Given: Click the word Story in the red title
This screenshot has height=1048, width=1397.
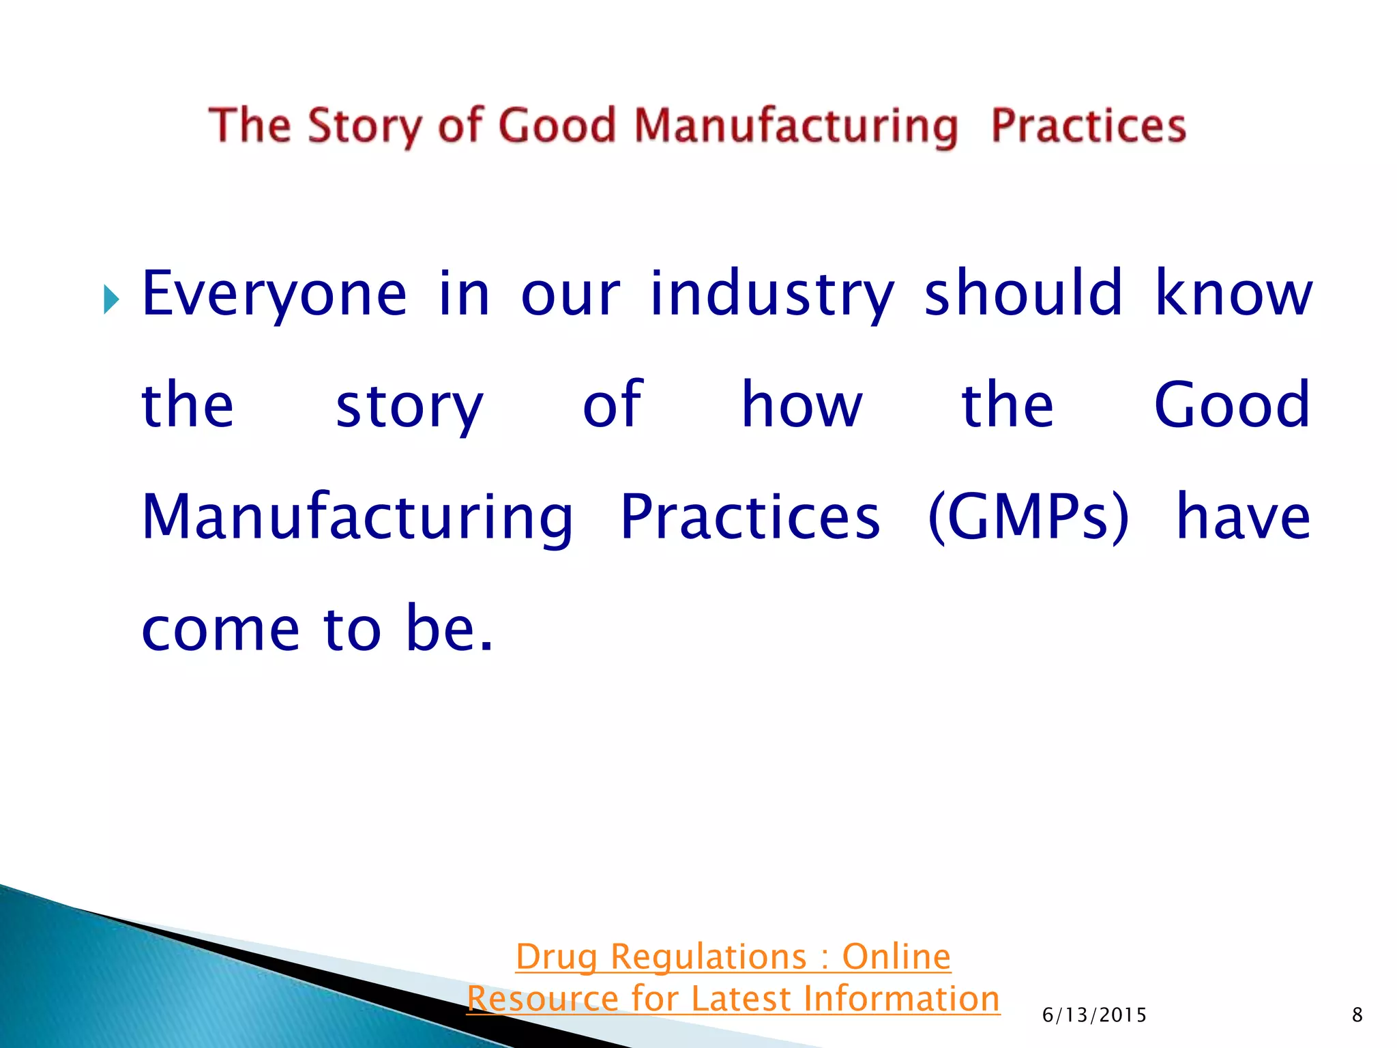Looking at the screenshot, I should (364, 127).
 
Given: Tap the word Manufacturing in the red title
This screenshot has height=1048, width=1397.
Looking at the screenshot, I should (796, 127).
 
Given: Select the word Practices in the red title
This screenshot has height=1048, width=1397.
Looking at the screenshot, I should (1088, 127).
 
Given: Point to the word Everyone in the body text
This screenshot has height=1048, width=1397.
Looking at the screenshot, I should (274, 295).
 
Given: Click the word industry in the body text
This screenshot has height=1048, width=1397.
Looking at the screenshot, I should (771, 295).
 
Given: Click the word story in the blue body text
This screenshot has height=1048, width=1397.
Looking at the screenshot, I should (409, 407).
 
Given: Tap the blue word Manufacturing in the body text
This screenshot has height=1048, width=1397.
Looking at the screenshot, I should (357, 519).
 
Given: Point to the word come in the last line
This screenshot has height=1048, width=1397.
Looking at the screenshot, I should (220, 629).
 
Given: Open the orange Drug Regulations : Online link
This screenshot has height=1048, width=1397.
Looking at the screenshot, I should (733, 956).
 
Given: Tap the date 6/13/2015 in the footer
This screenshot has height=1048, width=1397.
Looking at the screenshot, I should (1094, 1015).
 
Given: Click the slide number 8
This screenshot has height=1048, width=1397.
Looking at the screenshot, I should (1357, 1015).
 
